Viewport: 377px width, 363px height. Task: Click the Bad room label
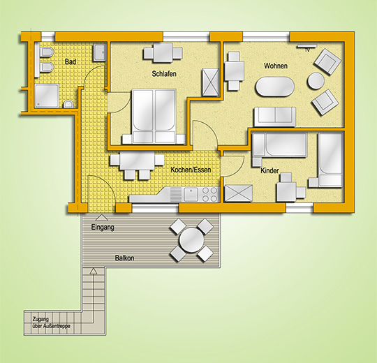(x=71, y=62)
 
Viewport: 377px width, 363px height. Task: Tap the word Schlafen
(x=164, y=73)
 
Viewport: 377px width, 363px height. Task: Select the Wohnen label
(x=276, y=66)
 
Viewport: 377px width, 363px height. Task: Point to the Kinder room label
(x=269, y=170)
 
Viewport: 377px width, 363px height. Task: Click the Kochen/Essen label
(x=191, y=170)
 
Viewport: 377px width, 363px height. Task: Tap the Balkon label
(x=124, y=258)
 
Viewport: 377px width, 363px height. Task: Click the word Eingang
(x=103, y=227)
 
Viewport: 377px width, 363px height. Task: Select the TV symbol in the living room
(x=307, y=47)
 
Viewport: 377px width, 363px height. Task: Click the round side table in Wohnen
(x=316, y=81)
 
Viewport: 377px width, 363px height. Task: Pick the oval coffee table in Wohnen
(x=275, y=87)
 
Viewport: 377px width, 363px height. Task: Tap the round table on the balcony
(x=191, y=240)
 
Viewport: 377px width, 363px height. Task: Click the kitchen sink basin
(x=191, y=194)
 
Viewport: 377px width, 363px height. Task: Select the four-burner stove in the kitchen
(x=209, y=195)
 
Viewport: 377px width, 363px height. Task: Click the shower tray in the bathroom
(x=47, y=96)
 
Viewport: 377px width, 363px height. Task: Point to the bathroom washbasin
(x=100, y=52)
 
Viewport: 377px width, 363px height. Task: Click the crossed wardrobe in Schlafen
(x=210, y=82)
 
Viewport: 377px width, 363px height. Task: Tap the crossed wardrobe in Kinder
(x=238, y=193)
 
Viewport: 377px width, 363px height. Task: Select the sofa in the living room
(x=275, y=117)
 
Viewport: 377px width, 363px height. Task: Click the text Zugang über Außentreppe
(x=52, y=323)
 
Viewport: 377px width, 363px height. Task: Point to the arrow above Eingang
(x=102, y=218)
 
